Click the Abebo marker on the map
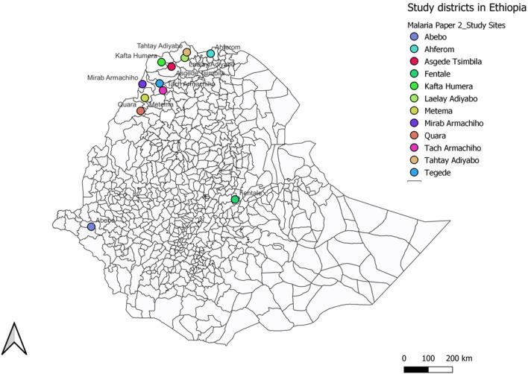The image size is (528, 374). click(x=91, y=226)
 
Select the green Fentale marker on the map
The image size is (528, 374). click(x=235, y=200)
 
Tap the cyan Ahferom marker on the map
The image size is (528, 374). click(x=210, y=54)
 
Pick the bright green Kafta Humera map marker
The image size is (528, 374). click(x=161, y=62)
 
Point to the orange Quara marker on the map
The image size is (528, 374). click(x=140, y=111)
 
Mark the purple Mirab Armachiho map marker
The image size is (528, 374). click(x=142, y=84)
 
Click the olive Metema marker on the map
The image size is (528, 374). click(x=145, y=98)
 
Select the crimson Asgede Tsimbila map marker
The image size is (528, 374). click(x=172, y=66)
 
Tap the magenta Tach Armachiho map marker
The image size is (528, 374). click(x=163, y=91)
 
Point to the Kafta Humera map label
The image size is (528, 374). click(x=136, y=55)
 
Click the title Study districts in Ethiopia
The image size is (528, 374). click(x=465, y=8)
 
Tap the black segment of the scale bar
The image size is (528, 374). click(x=416, y=369)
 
